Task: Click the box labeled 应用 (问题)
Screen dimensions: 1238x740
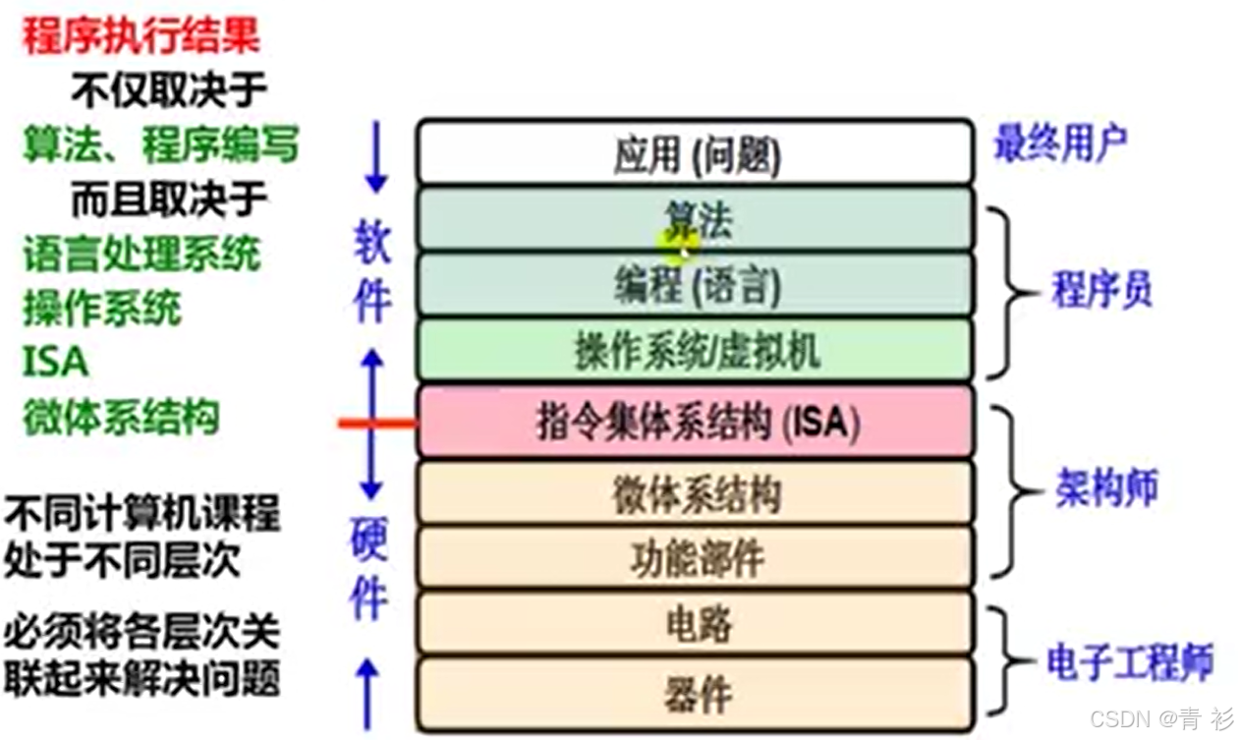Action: pos(696,153)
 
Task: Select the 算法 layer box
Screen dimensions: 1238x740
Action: pos(696,220)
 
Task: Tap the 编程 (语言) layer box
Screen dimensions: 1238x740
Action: pos(696,285)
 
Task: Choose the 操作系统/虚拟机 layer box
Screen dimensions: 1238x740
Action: pos(696,351)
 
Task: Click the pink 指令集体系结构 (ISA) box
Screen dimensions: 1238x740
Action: pos(696,422)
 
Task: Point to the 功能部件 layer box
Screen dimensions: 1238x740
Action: pos(696,557)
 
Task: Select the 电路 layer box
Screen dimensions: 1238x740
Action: pos(696,623)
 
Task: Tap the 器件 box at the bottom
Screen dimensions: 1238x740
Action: pos(696,693)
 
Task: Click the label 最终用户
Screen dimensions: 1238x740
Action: pos(1059,144)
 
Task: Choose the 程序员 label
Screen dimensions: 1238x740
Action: pos(1101,291)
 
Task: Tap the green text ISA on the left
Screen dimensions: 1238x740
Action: pos(55,362)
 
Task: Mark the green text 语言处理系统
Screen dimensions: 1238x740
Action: pos(141,255)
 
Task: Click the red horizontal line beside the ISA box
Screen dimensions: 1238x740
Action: pos(377,424)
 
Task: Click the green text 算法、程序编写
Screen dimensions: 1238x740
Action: pos(160,146)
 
